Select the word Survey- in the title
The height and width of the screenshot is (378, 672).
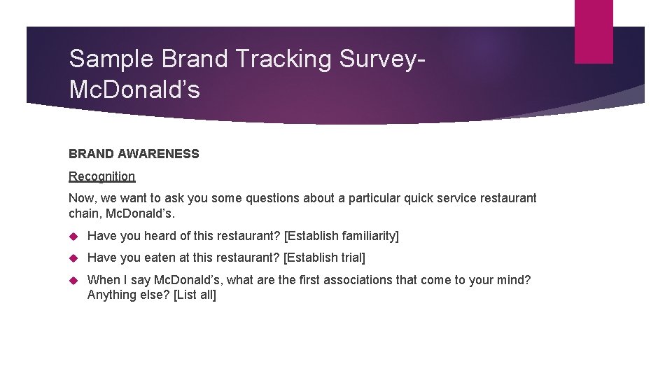click(x=382, y=59)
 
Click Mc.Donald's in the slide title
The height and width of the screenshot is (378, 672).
click(x=134, y=90)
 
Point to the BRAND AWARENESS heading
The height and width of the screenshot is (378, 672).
click(x=134, y=154)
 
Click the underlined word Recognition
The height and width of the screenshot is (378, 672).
click(x=101, y=176)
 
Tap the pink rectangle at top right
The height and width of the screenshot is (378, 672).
click(x=594, y=31)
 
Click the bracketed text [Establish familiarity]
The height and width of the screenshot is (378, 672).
click(x=342, y=237)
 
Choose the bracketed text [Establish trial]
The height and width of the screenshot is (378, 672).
click(x=324, y=258)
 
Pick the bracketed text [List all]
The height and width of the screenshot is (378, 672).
click(x=195, y=295)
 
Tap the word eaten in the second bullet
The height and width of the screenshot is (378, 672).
click(x=161, y=258)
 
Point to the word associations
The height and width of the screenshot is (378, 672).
click(x=365, y=280)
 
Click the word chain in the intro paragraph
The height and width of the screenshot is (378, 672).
click(x=83, y=213)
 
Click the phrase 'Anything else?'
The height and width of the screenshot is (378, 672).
click(x=128, y=295)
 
